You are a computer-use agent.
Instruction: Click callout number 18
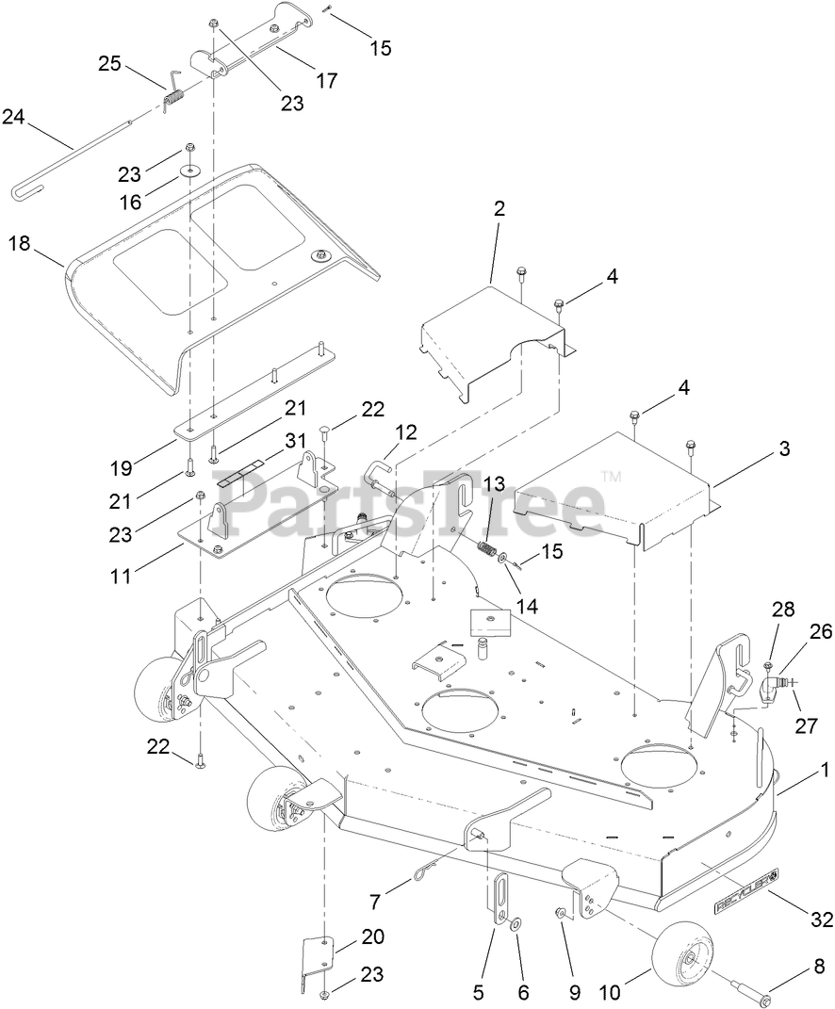click(19, 243)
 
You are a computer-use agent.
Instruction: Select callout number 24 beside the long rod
click(12, 117)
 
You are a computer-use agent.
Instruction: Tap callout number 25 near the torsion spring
click(109, 63)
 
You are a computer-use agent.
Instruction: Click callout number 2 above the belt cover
click(499, 208)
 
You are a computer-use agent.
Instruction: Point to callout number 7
click(375, 901)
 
